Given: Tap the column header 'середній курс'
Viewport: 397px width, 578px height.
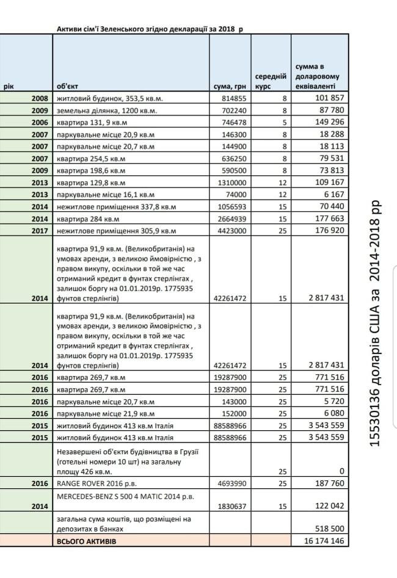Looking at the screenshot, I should tap(271, 82).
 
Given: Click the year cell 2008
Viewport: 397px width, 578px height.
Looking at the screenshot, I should tap(38, 98).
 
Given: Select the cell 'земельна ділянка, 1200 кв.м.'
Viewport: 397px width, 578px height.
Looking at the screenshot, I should tap(107, 110).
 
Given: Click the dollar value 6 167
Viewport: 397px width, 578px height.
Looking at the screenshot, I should tap(333, 195).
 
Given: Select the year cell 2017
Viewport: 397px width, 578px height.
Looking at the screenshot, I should tap(38, 231).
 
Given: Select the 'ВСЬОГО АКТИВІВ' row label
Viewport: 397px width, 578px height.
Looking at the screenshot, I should tap(86, 542).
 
